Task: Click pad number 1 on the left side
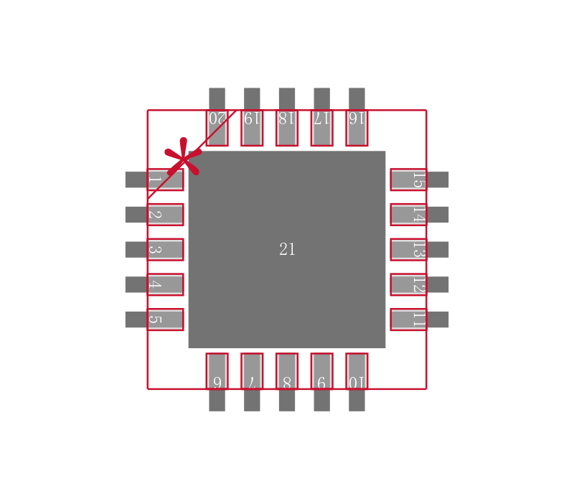click(x=164, y=179)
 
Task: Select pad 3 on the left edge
click(x=164, y=249)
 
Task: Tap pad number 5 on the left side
click(x=164, y=320)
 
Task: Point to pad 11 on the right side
click(x=408, y=320)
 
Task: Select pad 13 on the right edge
click(x=408, y=249)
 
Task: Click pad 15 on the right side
click(x=408, y=179)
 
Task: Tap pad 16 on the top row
click(x=357, y=127)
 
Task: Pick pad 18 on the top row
click(x=287, y=127)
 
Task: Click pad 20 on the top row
click(x=217, y=127)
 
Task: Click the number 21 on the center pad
click(x=287, y=249)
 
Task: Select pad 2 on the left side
click(x=164, y=215)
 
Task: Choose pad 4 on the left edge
click(x=164, y=284)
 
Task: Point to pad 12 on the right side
click(x=408, y=284)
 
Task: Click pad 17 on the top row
click(x=321, y=127)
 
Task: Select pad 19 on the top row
click(x=252, y=127)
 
